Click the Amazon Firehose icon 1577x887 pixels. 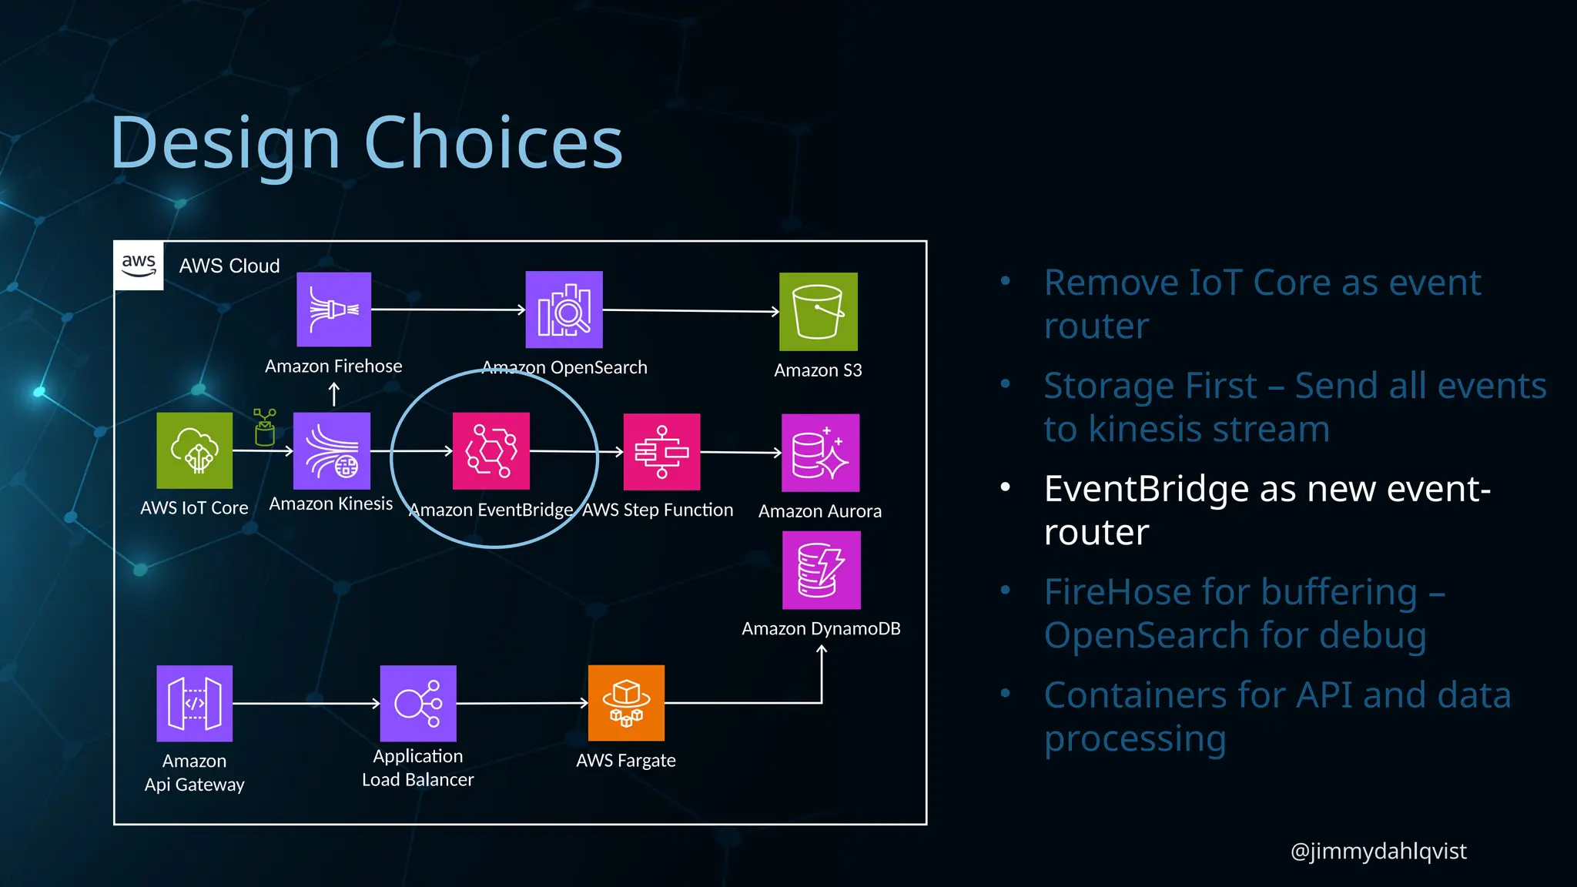333,310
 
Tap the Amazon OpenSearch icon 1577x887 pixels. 564,310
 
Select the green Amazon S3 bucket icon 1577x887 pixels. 818,312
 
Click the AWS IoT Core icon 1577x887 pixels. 194,450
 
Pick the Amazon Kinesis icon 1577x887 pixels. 332,451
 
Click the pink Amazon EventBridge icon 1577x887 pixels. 491,451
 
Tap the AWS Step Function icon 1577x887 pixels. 661,452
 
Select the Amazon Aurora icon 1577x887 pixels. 820,453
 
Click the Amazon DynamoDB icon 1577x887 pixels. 821,571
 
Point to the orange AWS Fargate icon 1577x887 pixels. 626,703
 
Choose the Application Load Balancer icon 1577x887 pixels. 418,704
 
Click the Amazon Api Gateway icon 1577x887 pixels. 194,704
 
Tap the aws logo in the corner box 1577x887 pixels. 139,266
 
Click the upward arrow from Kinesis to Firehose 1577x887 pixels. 333,395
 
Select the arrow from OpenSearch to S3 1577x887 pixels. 691,311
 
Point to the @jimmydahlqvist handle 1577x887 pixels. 1378,851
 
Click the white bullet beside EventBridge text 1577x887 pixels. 1005,488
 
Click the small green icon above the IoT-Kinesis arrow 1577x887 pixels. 264,427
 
